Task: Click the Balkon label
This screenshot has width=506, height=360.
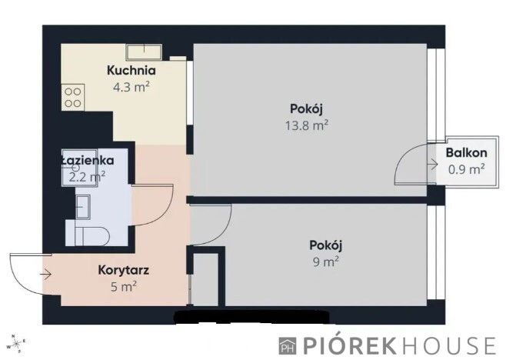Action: point(465,152)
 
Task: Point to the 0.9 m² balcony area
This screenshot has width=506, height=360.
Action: point(465,168)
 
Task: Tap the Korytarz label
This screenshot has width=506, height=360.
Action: point(123,271)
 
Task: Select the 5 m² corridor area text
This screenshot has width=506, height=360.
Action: point(123,287)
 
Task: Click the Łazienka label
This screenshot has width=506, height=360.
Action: point(88,161)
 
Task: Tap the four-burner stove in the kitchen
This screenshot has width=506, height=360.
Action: point(74,95)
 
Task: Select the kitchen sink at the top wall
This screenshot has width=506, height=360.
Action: point(144,52)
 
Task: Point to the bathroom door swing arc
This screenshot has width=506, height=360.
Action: point(151,204)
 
